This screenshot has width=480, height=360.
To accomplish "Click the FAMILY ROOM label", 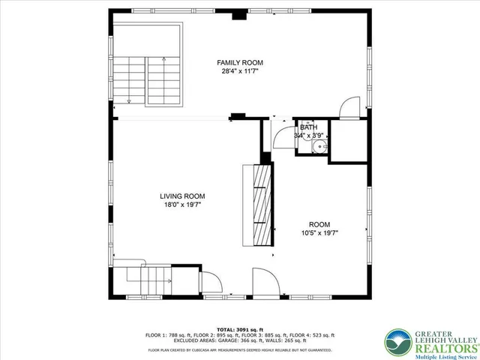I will pos(240,62).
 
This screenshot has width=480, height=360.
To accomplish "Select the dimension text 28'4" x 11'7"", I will pos(240,72).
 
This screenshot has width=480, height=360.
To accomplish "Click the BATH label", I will pos(308,128).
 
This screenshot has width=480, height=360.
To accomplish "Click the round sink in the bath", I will pos(319,146).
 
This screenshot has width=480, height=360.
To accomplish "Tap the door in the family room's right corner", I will pos(349,109).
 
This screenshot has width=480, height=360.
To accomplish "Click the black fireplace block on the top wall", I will pos(238,14).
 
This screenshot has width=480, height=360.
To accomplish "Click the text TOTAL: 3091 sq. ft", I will pos(239,329).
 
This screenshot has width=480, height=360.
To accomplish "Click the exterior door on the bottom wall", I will pos(266,286).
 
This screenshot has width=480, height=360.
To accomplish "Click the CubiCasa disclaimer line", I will pos(239,349).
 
